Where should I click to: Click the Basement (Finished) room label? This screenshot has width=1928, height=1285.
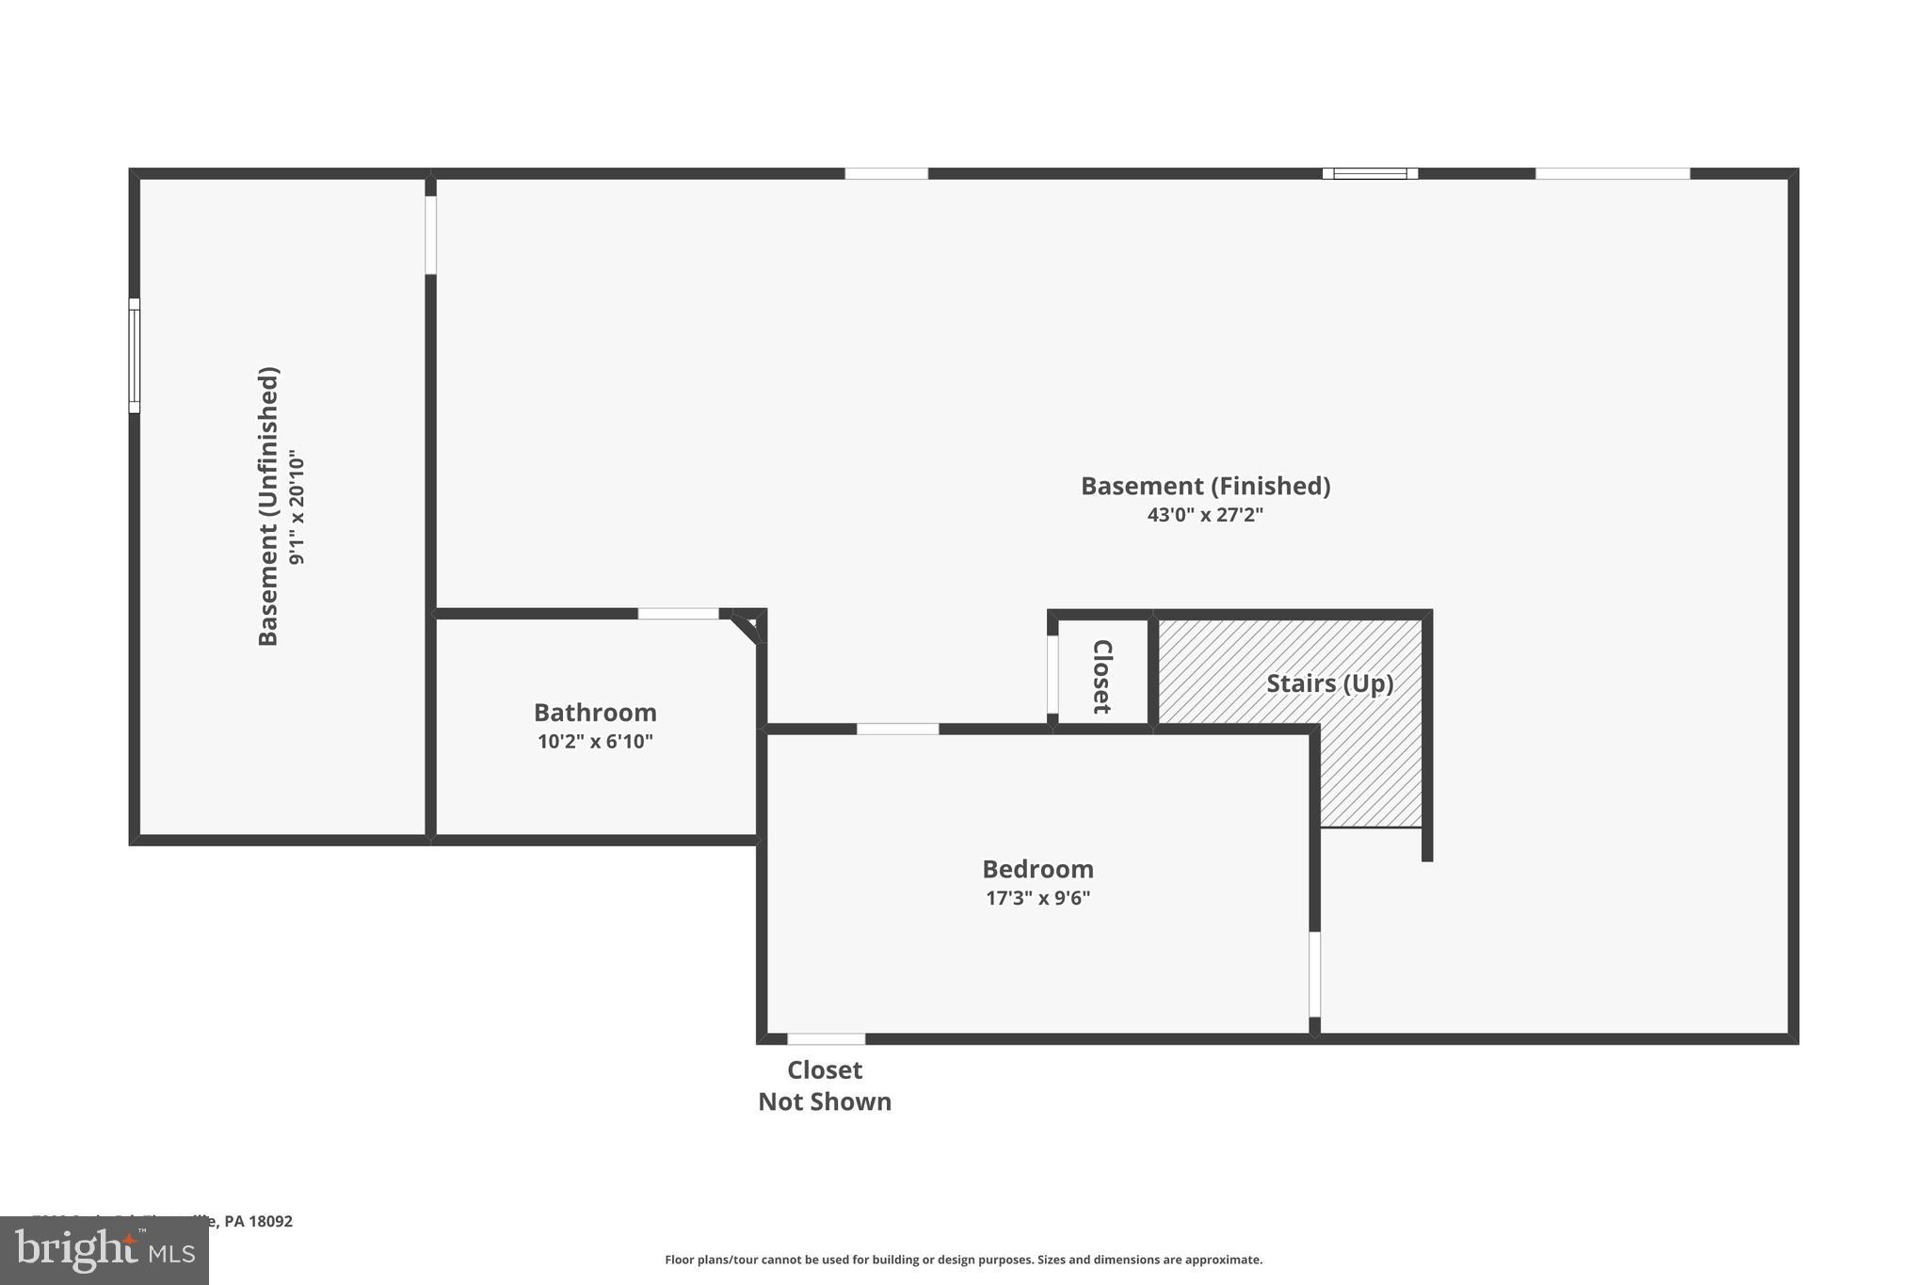point(1205,486)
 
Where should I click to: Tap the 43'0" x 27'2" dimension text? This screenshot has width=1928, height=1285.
point(1205,515)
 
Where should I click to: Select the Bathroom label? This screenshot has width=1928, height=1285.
point(595,713)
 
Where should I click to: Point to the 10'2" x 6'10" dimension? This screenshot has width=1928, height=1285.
point(595,742)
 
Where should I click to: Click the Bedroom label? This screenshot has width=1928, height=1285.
point(1037,869)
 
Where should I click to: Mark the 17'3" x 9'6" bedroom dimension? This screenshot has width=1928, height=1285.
point(1037,898)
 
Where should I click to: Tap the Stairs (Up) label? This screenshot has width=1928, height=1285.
point(1329,683)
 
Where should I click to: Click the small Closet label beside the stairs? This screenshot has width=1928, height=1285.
point(1102,676)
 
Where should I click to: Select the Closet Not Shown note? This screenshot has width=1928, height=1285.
point(825,1085)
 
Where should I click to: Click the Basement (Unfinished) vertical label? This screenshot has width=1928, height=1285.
point(268,506)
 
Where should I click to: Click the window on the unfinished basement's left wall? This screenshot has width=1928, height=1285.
point(135,356)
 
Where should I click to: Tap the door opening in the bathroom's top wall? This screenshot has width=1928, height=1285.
point(678,614)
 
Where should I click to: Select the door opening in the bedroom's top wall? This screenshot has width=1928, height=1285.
point(897,729)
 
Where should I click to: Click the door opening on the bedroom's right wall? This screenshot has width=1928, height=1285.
point(1315,974)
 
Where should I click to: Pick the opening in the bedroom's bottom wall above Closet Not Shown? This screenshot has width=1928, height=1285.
point(826,1039)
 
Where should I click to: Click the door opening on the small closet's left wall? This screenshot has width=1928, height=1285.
point(1052,674)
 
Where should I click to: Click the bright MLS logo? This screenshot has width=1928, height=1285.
point(104,1250)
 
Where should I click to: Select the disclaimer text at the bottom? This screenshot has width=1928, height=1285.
point(963,1260)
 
